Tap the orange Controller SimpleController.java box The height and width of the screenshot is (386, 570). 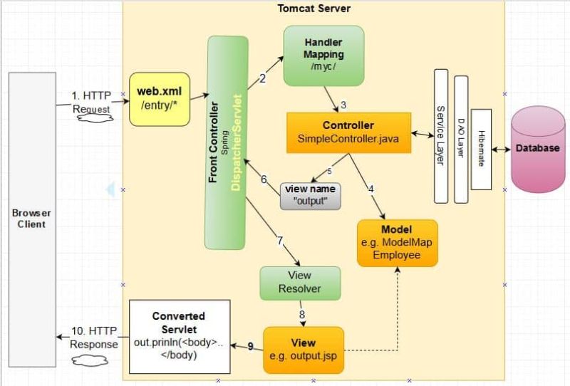[x=348, y=132]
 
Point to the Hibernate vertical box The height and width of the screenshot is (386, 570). [x=481, y=149]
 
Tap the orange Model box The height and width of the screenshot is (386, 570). [x=397, y=242]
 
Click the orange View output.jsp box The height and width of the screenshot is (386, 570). [x=304, y=350]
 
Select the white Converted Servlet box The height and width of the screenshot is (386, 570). [x=179, y=336]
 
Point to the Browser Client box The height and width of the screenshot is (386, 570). [x=31, y=219]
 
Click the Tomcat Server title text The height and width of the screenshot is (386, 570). [x=313, y=8]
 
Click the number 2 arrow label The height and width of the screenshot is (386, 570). [x=262, y=78]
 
